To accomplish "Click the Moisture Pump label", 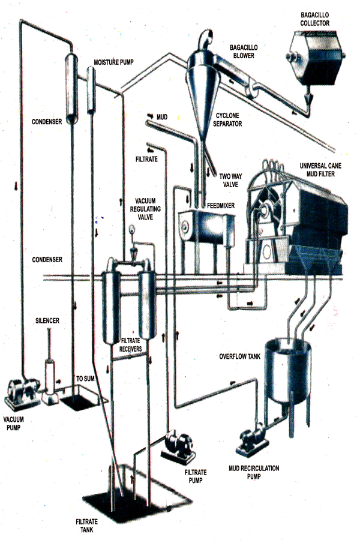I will pyautogui.click(x=115, y=62).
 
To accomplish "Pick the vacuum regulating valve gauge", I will pyautogui.click(x=132, y=229).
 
